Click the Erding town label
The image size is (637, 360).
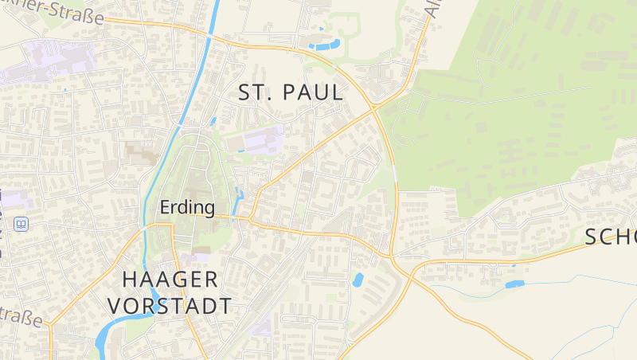pos(187,208)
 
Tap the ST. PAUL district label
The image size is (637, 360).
pos(291,92)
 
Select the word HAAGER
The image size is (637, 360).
pos(170,280)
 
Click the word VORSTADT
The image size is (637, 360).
pos(170,306)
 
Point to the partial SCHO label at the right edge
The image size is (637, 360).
pos(611,237)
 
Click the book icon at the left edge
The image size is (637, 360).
pos(21,224)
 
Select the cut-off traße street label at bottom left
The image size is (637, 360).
pos(21,317)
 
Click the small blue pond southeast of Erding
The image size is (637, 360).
pos(358,280)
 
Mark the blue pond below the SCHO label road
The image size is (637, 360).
pos(514,284)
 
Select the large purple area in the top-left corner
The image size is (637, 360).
pos(52,60)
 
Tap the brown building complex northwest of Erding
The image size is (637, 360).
pos(141,152)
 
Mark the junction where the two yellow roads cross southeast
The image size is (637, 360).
pos(393,256)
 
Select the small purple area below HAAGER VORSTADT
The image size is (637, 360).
pos(260,327)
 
